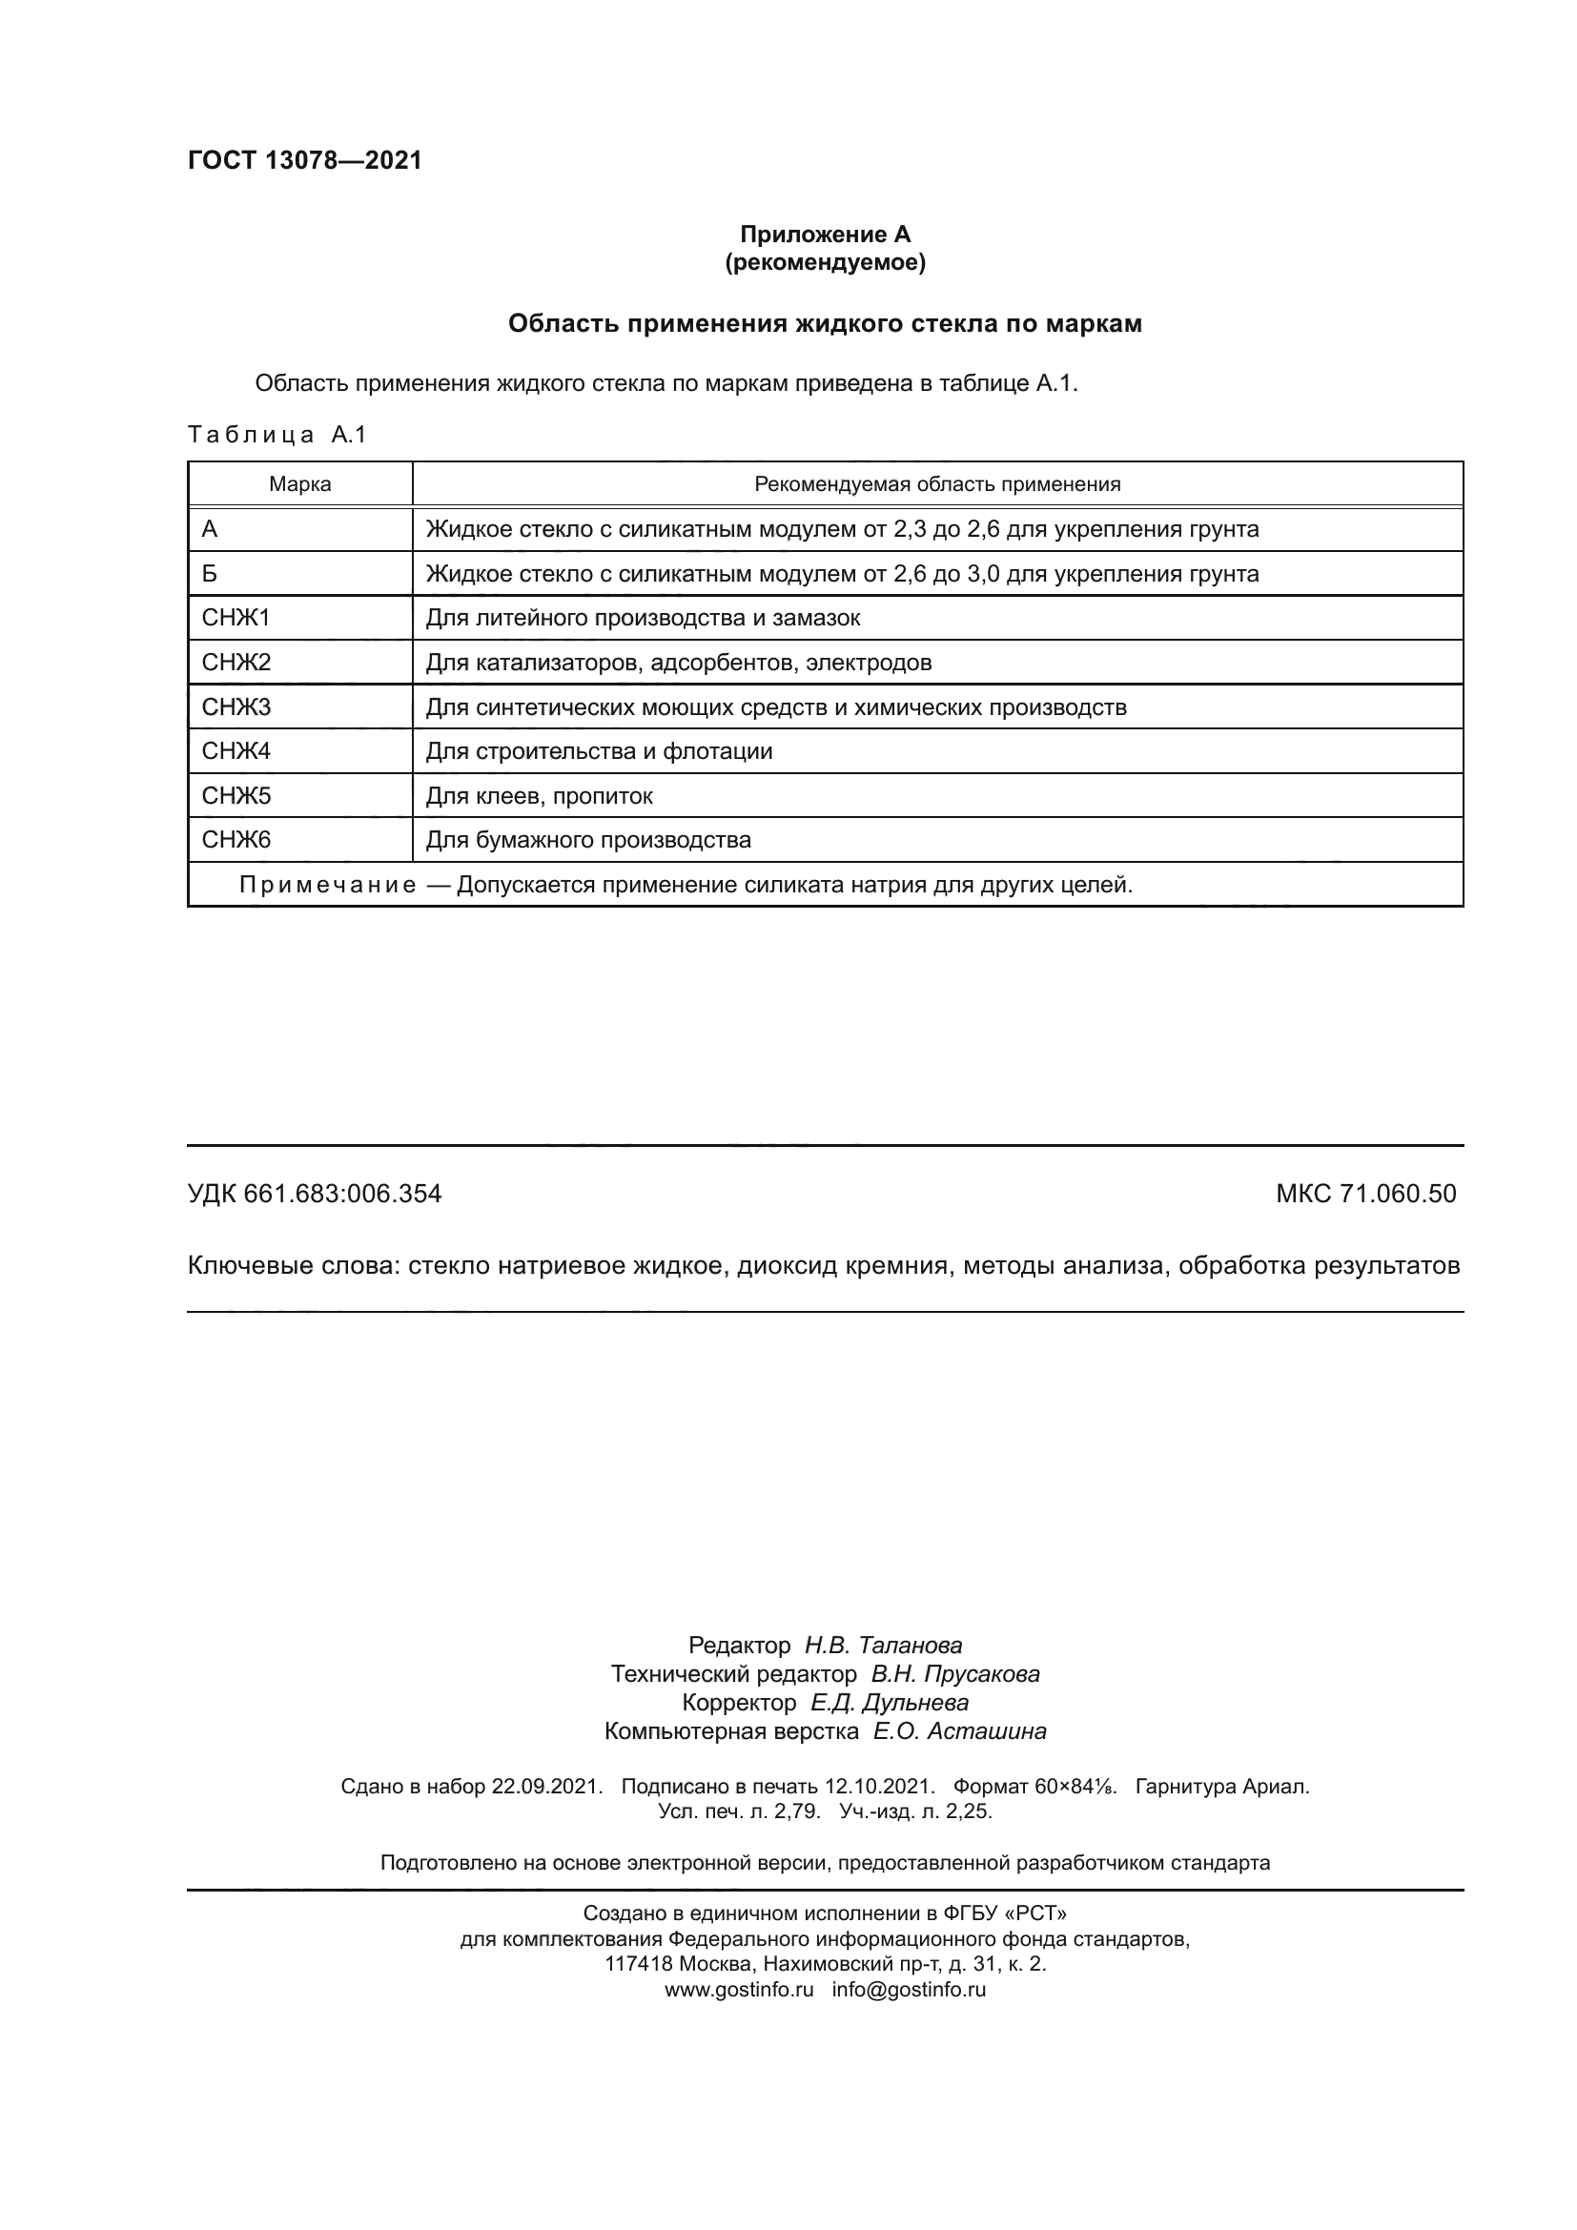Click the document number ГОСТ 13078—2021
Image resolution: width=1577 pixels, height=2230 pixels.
tap(305, 161)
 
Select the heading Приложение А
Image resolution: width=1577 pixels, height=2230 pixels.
tap(825, 235)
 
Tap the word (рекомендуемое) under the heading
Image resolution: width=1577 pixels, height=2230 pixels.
tap(825, 262)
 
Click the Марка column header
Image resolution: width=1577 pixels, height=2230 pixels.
tap(300, 484)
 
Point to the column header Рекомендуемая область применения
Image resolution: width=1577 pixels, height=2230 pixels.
tap(937, 484)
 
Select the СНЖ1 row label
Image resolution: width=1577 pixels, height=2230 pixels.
tap(236, 618)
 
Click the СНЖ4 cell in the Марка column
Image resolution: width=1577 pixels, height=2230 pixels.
tap(236, 750)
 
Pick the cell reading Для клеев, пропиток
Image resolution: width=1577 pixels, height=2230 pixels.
tap(539, 796)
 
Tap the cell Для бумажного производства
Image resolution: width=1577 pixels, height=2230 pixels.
tap(588, 840)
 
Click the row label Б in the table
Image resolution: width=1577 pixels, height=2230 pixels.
tap(210, 574)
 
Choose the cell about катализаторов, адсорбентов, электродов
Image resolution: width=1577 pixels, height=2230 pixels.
tap(679, 664)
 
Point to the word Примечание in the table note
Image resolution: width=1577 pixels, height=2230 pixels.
tap(327, 885)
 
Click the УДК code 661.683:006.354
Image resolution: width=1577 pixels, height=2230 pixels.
tap(343, 1194)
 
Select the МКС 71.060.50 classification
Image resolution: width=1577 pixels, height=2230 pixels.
tap(1365, 1194)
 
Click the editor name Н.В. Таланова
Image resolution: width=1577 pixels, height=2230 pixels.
tap(883, 1646)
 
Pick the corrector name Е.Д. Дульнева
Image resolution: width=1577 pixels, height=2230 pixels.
tap(889, 1703)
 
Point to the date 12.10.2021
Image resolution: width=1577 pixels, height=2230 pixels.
tap(879, 1786)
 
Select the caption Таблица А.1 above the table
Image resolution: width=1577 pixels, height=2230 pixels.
tap(276, 434)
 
